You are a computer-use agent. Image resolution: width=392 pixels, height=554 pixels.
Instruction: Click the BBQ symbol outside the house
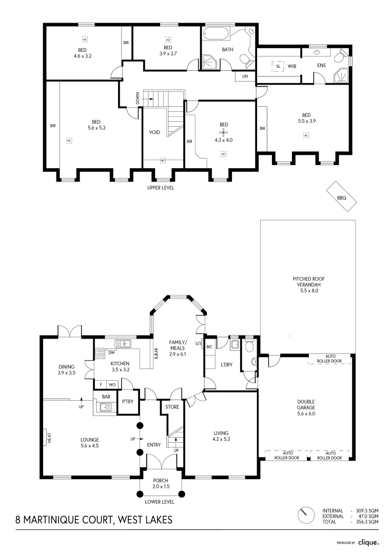(x=342, y=196)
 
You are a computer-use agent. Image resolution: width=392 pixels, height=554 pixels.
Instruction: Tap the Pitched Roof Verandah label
(x=306, y=285)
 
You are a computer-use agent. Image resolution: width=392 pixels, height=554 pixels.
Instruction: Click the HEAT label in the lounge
(x=49, y=438)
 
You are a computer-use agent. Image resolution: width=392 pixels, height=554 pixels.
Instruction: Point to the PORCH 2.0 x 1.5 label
(x=160, y=483)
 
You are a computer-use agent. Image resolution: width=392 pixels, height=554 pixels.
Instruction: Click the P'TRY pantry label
(x=127, y=402)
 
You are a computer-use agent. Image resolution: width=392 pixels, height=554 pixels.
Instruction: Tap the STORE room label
(x=172, y=408)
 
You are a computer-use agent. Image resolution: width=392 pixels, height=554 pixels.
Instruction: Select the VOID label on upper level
(x=154, y=132)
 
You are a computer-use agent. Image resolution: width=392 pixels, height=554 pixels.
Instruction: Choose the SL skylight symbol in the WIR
(x=278, y=66)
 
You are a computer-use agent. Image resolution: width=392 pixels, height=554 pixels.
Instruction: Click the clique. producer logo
(x=368, y=542)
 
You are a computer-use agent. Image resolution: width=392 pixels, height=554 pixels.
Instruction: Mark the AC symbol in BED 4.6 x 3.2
(x=85, y=39)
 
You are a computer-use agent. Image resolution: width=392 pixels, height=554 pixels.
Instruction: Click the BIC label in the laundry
(x=209, y=347)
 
